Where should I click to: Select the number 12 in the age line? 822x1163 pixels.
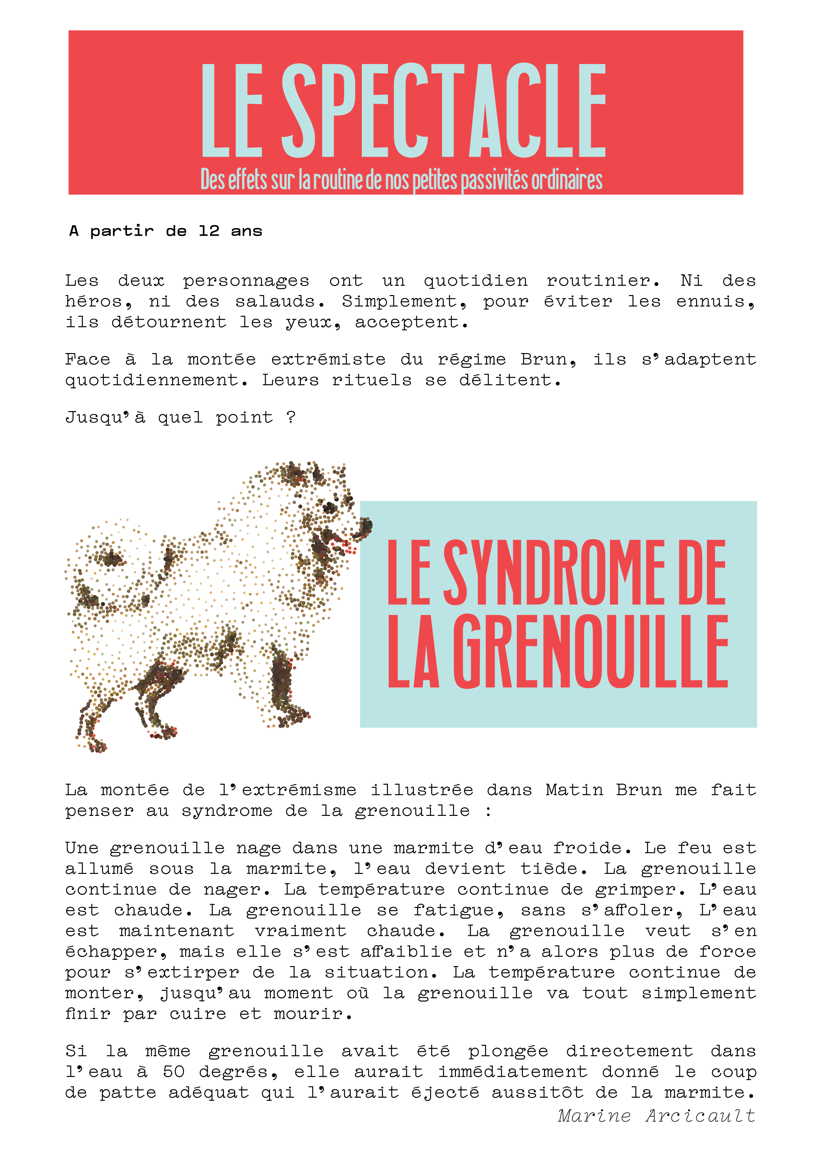(x=208, y=231)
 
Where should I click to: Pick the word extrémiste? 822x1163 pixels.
(x=328, y=360)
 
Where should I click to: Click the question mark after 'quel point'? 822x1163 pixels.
(x=291, y=417)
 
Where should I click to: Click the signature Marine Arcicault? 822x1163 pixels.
(x=656, y=1116)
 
